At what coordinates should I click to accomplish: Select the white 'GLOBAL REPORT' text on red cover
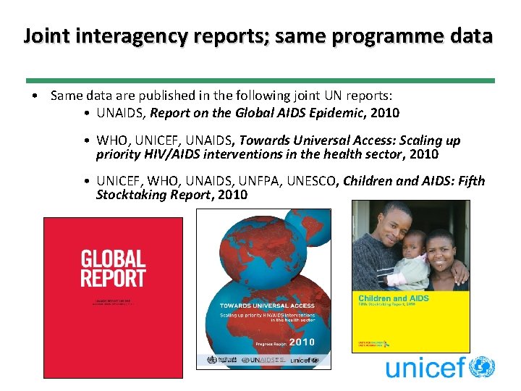pos(113,268)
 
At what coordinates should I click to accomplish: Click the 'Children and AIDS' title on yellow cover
pos(394,298)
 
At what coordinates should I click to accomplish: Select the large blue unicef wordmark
pos(424,368)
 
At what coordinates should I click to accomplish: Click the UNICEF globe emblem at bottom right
pos(481,367)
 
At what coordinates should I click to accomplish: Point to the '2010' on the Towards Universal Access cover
pos(302,342)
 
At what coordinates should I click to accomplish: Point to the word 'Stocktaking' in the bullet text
pos(132,195)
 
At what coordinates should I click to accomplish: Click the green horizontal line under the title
pos(260,80)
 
